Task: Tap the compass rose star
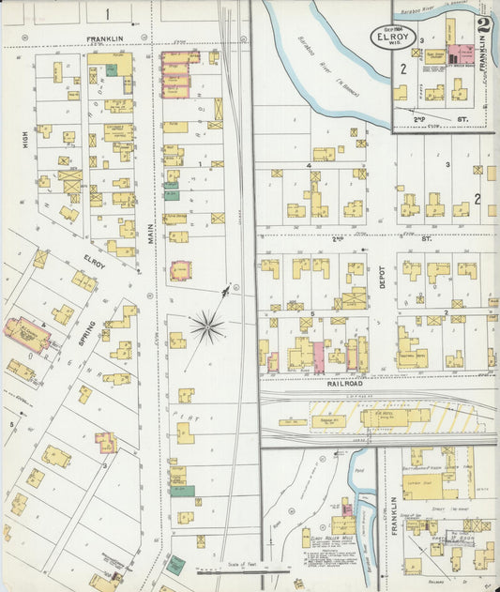(206, 326)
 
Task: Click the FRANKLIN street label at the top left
(106, 39)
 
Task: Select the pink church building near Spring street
(29, 333)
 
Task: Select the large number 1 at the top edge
(107, 13)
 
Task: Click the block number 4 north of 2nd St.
(308, 164)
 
